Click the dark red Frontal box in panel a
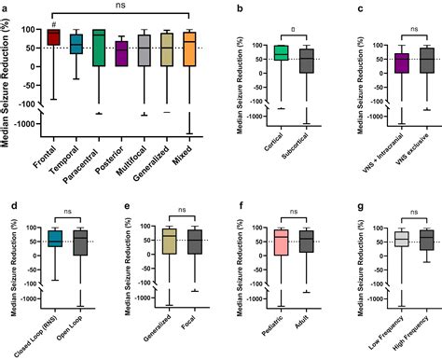[53, 37]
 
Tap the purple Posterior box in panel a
[120, 53]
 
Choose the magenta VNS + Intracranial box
[376, 63]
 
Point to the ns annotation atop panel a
[122, 6]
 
